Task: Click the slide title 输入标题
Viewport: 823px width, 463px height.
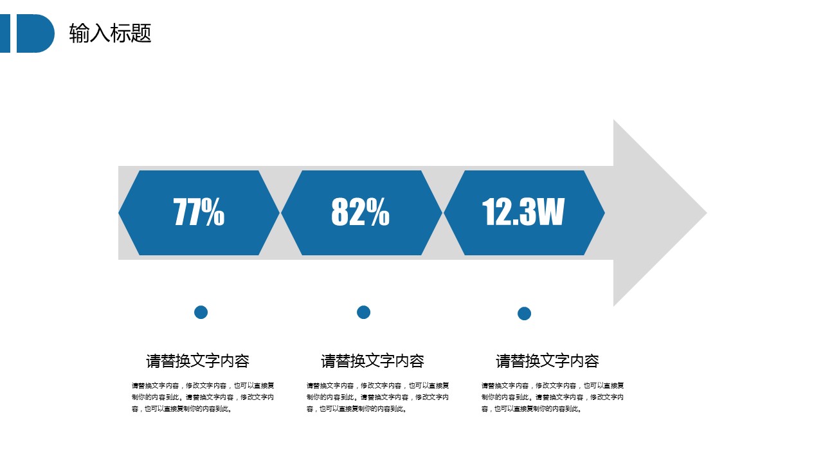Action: coord(110,33)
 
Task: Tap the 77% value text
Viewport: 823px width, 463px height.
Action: coord(199,212)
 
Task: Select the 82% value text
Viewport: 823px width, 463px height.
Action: coord(361,212)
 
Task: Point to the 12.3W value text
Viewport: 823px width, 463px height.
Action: coord(523,212)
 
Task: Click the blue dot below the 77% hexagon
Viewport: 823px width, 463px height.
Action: coord(201,313)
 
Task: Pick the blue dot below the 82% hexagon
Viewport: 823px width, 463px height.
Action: coord(363,313)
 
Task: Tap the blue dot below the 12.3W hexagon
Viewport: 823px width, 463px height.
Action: coord(524,313)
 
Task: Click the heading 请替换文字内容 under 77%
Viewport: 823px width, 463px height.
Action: coord(197,361)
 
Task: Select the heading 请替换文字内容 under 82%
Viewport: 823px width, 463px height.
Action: coord(372,361)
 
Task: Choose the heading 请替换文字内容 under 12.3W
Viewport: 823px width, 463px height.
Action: coord(547,361)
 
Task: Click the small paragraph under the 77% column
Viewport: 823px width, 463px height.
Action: coord(203,397)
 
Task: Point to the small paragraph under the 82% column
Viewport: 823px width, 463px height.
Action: coord(377,397)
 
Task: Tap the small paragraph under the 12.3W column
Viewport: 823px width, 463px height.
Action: coord(552,397)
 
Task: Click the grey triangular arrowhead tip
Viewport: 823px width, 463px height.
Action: coord(706,213)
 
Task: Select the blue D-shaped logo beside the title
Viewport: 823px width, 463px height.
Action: coord(35,33)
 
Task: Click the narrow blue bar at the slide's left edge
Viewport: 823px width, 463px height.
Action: coord(5,33)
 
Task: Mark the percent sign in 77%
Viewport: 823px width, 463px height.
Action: coord(213,212)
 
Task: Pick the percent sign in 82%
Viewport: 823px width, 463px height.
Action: coord(377,212)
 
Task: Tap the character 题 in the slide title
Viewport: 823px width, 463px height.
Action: coord(141,33)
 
